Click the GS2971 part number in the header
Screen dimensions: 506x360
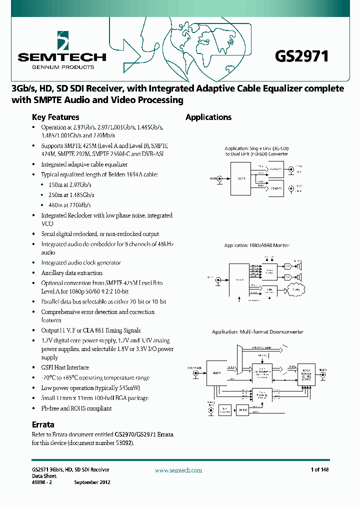pyautogui.click(x=301, y=56)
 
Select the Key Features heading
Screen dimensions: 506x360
pyautogui.click(x=55, y=117)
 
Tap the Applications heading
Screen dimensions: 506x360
pyautogui.click(x=208, y=117)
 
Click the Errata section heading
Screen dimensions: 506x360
pyautogui.click(x=43, y=424)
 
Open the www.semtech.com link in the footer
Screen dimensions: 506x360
pyautogui.click(x=178, y=470)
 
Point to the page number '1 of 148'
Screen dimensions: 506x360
pyautogui.click(x=319, y=470)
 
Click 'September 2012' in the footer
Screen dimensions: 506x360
pyautogui.click(x=92, y=482)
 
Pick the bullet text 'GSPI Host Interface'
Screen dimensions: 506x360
pyautogui.click(x=64, y=367)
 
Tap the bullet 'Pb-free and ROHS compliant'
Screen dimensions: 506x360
pyautogui.click(x=76, y=408)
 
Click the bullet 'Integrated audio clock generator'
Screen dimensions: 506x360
pyautogui.click(x=81, y=262)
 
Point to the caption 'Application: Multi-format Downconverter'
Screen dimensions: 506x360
pyautogui.click(x=257, y=332)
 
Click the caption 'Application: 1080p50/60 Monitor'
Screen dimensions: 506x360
pyautogui.click(x=257, y=245)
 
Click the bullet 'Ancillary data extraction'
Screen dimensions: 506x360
pyautogui.click(x=71, y=273)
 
